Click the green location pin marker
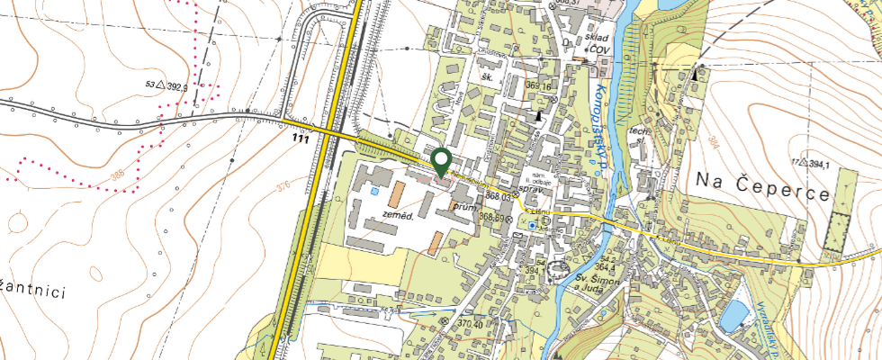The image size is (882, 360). [441, 161]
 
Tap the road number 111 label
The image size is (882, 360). [301, 140]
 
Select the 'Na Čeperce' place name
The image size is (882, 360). [761, 178]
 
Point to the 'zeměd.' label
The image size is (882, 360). [397, 216]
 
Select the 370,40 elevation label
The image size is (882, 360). [471, 322]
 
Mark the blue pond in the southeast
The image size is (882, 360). [734, 314]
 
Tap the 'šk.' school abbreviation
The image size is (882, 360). [490, 79]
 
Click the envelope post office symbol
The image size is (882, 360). [520, 235]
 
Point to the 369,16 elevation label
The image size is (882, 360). [536, 86]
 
